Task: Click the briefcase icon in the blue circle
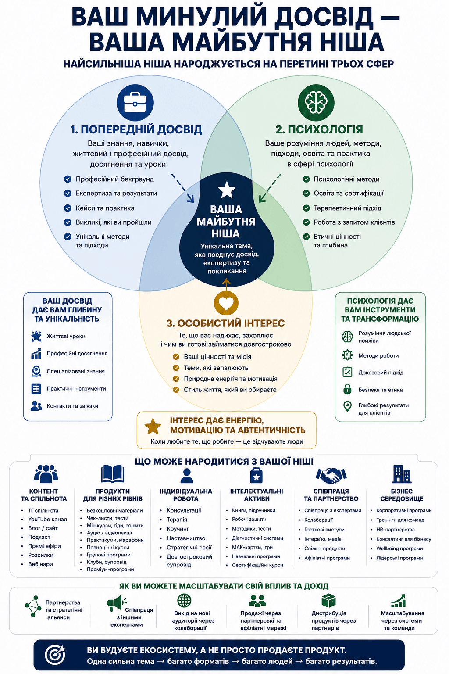point(135,103)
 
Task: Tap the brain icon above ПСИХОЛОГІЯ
point(316,103)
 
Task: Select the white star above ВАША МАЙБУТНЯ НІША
point(226,190)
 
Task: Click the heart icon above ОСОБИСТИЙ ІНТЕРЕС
point(226,303)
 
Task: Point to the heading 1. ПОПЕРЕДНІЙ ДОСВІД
point(136,129)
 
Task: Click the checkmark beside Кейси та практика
point(68,208)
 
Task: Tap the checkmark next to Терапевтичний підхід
point(306,208)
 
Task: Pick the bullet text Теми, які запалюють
point(216,368)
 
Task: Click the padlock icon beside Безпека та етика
point(347,389)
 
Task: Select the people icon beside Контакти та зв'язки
point(36,406)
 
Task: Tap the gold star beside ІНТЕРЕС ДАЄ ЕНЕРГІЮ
point(153,427)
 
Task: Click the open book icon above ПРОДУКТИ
point(113,474)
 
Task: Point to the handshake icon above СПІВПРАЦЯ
point(331,475)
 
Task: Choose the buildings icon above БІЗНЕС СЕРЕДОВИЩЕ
point(402,474)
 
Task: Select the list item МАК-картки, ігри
point(252,547)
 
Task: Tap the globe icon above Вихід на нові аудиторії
point(184,601)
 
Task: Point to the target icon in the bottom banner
point(55,655)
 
